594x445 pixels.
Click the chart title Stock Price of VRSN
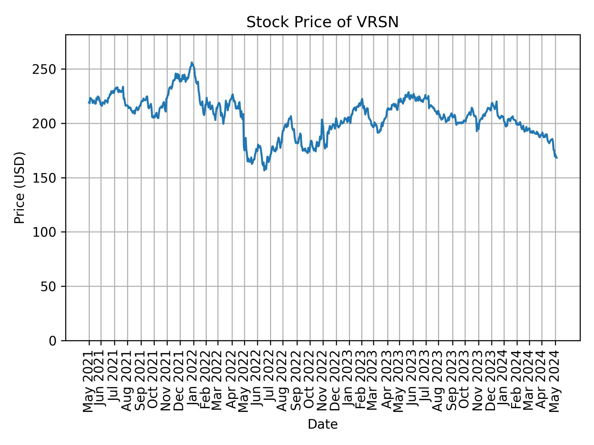point(322,23)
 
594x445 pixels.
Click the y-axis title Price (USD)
point(19,188)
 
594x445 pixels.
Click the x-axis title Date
point(322,424)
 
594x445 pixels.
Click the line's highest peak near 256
point(192,62)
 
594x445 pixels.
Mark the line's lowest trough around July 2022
point(264,170)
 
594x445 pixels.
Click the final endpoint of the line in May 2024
point(557,158)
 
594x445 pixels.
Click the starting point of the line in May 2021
point(88,102)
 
